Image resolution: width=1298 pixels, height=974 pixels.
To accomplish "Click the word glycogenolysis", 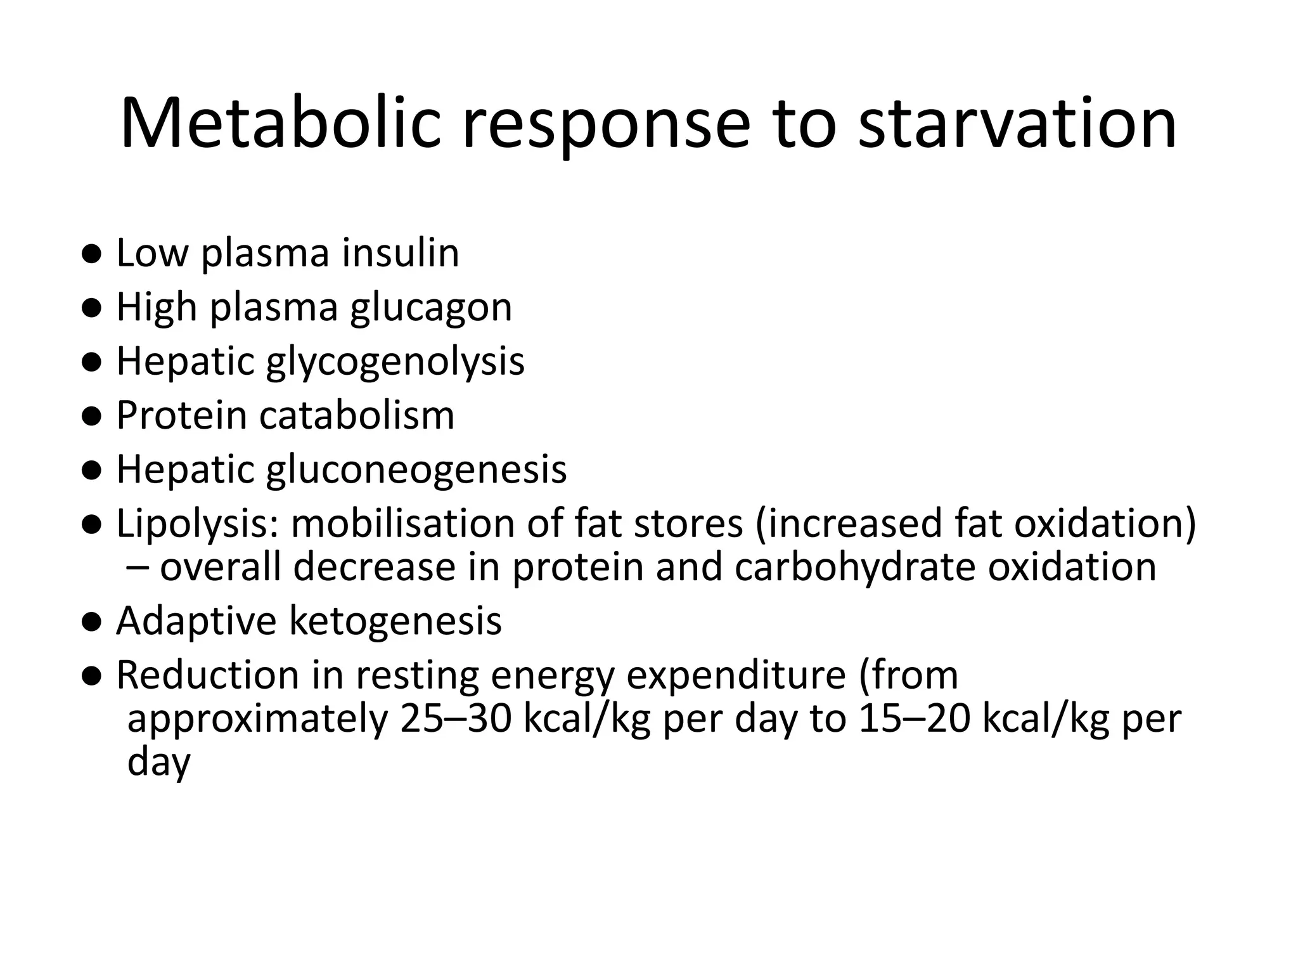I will (x=395, y=362).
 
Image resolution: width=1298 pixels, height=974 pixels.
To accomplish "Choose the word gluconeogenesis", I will (x=416, y=470).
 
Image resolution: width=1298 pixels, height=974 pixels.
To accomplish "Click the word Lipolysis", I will (x=198, y=525).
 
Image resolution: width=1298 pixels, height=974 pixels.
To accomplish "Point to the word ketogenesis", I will (x=395, y=621).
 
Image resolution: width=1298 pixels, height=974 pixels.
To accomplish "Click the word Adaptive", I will (x=196, y=621).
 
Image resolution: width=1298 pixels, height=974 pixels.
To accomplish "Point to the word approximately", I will (x=257, y=720).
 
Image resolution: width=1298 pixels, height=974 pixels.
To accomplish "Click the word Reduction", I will (x=208, y=676).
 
